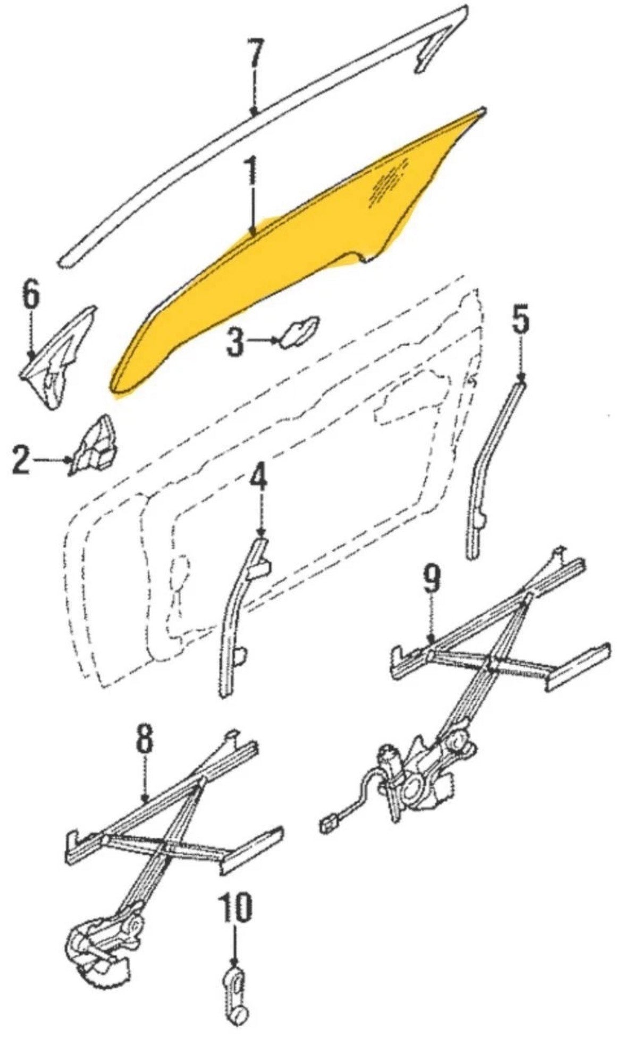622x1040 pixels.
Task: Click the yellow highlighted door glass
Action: pos(298,255)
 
